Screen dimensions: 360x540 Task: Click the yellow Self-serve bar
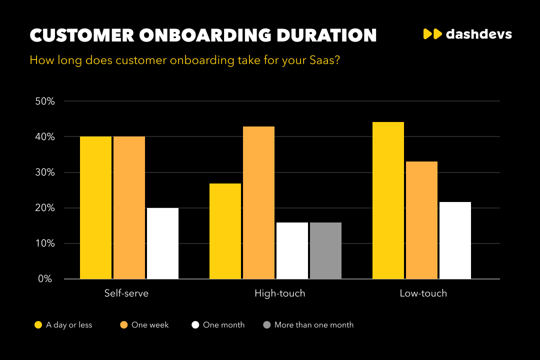[x=95, y=207]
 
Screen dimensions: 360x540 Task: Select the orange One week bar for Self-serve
[x=129, y=207]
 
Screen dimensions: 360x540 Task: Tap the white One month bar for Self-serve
[x=162, y=243]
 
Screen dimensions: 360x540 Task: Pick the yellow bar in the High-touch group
[x=225, y=231]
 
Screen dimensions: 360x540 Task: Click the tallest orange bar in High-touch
[x=258, y=202]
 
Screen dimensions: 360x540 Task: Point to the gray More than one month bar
[x=325, y=250]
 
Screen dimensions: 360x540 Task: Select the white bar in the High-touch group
[x=292, y=250]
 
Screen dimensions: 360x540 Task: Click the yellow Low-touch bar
[x=388, y=200]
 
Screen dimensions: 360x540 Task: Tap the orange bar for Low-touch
[x=421, y=220]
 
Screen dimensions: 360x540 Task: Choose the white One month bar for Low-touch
[x=455, y=240]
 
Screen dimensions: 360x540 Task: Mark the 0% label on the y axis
[x=46, y=279]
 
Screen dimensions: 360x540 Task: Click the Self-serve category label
[x=126, y=293]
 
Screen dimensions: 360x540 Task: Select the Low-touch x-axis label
[x=423, y=293]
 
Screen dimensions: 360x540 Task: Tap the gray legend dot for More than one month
[x=267, y=325]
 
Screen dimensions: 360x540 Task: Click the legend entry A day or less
[x=69, y=325]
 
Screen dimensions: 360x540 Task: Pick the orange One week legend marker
[x=124, y=325]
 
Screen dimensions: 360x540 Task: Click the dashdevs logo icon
[x=432, y=34]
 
